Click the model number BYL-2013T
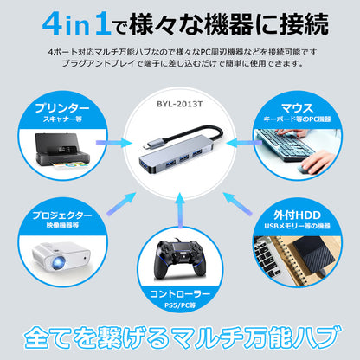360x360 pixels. [x=180, y=104]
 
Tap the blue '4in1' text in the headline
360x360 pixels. [x=76, y=24]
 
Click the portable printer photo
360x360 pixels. [x=61, y=151]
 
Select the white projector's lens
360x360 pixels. [x=59, y=262]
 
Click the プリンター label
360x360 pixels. [x=62, y=108]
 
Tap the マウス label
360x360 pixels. [x=297, y=108]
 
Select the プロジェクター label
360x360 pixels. [x=62, y=215]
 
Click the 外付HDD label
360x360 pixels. [x=297, y=215]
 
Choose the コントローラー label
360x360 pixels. [x=180, y=294]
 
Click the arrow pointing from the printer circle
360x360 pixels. [x=113, y=143]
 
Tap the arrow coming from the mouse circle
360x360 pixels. [x=243, y=143]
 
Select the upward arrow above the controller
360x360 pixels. [x=180, y=210]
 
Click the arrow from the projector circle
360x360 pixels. [x=121, y=203]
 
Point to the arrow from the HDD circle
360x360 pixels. [x=238, y=203]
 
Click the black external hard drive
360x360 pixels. [x=314, y=257]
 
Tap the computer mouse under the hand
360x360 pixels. [x=305, y=168]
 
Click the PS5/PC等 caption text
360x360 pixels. [x=180, y=305]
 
